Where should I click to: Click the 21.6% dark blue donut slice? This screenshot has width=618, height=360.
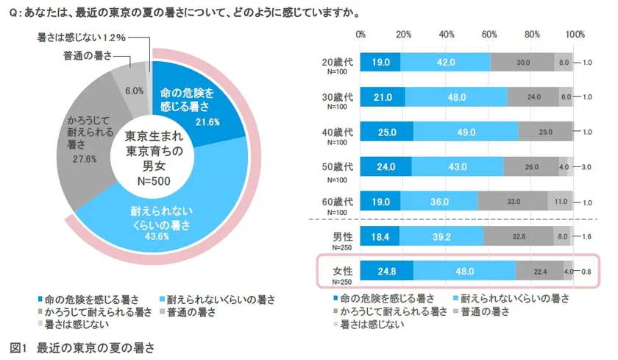(188, 103)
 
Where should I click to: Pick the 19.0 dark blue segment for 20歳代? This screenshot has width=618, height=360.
(380, 63)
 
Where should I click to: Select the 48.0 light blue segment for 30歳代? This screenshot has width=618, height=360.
(456, 97)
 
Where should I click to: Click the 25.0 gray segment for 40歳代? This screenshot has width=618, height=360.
(546, 131)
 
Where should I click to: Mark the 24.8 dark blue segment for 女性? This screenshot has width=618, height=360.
(387, 271)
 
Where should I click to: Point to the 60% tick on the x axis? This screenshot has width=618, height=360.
(489, 35)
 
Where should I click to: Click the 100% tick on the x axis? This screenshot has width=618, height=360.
(575, 35)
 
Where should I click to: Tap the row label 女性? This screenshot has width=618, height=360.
(344, 269)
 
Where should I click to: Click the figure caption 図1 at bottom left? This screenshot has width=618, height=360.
(20, 346)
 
